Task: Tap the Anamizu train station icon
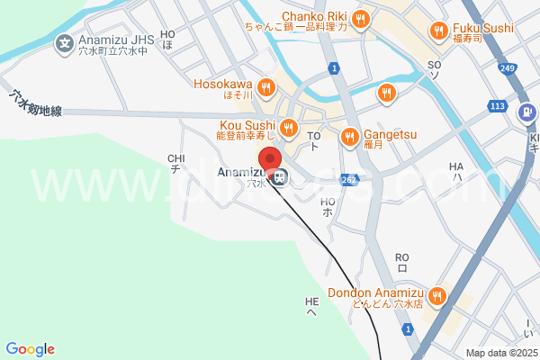281,177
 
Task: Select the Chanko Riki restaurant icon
361,18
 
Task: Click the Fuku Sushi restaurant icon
438,31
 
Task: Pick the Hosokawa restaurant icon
265,87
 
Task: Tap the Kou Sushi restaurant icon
288,127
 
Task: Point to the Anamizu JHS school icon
64,41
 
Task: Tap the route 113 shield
496,106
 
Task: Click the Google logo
30,349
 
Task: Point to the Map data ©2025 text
499,353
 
